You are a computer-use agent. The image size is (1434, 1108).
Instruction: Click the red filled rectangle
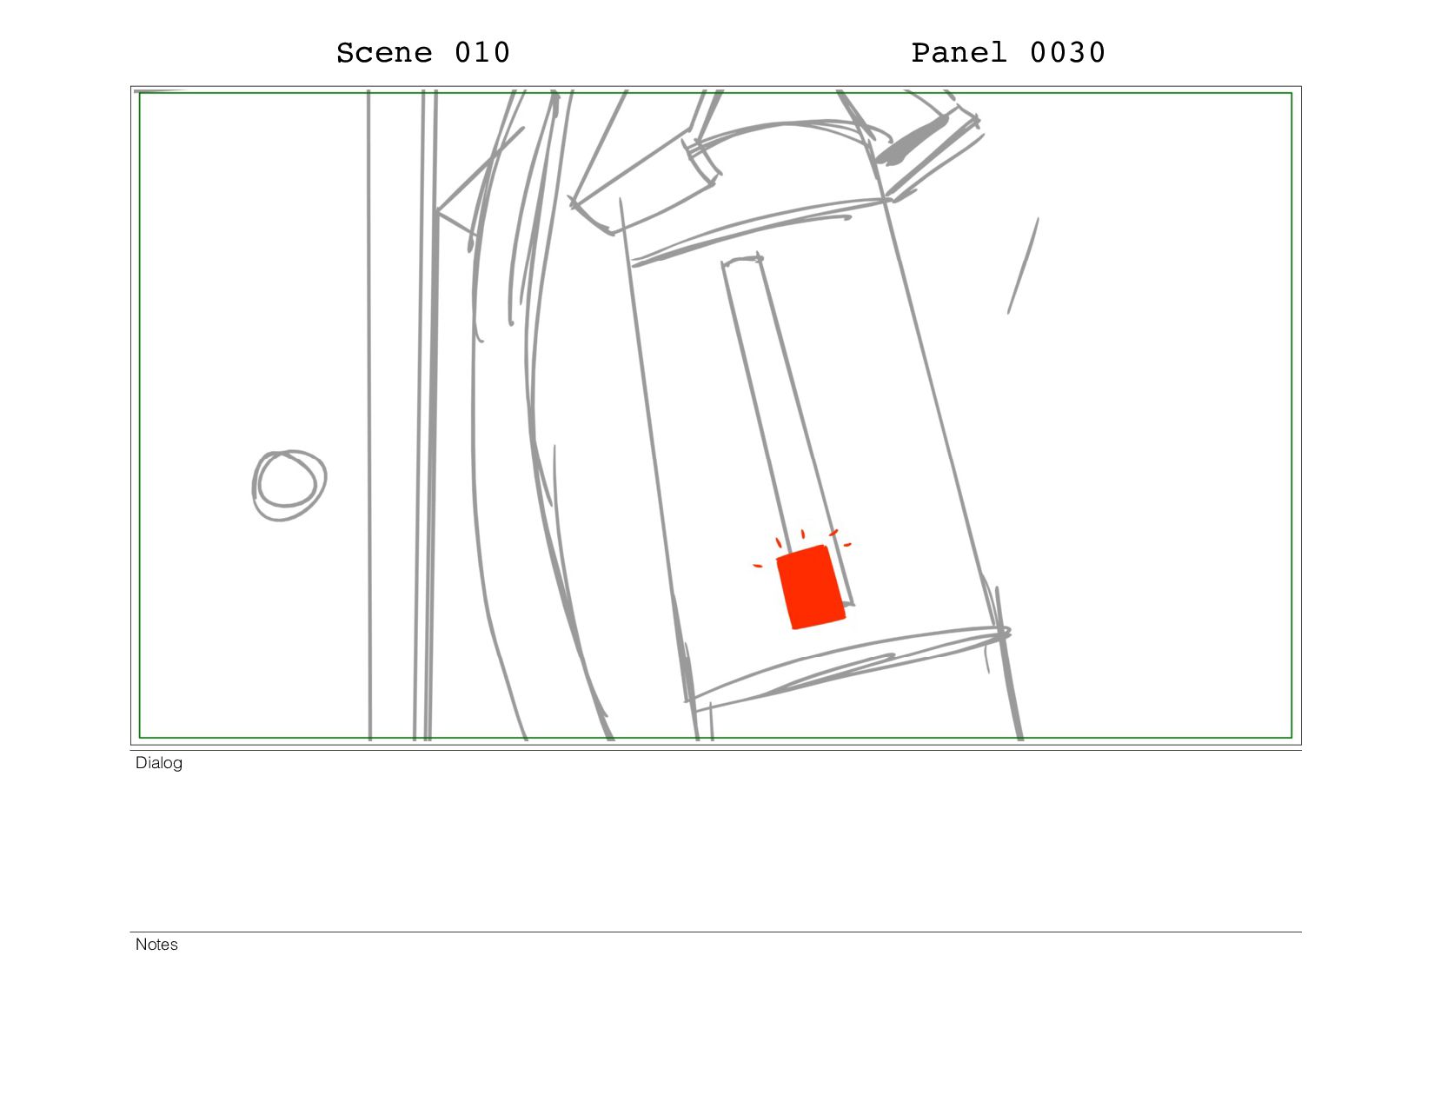[x=810, y=587]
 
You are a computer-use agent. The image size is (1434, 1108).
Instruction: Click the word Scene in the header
[x=384, y=53]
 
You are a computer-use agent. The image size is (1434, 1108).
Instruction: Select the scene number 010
[x=482, y=53]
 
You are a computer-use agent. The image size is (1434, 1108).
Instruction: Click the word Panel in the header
[x=959, y=53]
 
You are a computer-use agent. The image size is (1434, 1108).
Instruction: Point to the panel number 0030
[x=1067, y=53]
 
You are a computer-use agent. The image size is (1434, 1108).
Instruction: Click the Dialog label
[x=158, y=763]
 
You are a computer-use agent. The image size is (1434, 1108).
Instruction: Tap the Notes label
[x=156, y=945]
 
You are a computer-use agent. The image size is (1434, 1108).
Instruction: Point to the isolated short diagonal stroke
[x=1023, y=266]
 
